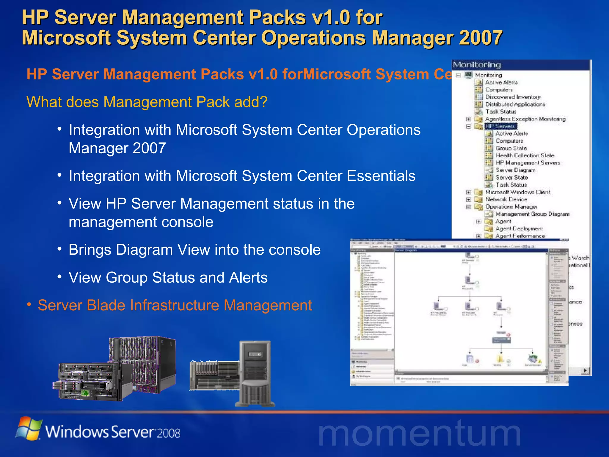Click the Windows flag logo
tap(29, 428)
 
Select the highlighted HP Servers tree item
tap(500, 126)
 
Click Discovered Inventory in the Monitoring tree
tap(513, 97)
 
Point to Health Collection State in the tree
tap(525, 155)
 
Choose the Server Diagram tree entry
tap(515, 170)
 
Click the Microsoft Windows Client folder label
tap(517, 192)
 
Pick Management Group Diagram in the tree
tap(532, 214)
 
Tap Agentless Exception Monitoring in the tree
tap(525, 119)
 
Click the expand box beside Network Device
tap(469, 200)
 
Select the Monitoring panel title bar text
tap(477, 65)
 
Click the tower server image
tap(255, 373)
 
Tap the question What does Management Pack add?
tap(147, 102)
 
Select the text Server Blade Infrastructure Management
tap(175, 305)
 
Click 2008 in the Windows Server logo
tap(168, 433)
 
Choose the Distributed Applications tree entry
tap(515, 104)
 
